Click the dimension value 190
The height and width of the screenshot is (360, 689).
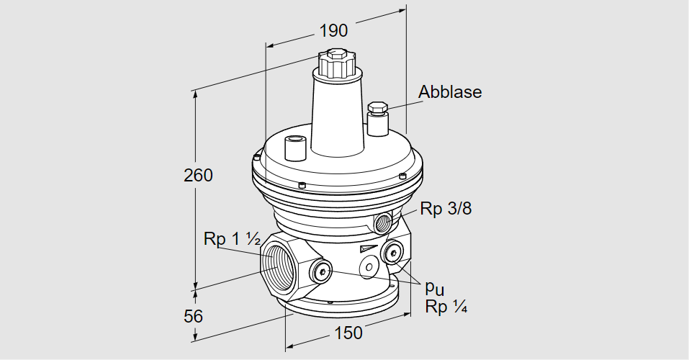click(x=334, y=30)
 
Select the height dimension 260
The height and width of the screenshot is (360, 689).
click(x=199, y=175)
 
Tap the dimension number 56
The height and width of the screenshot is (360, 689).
click(x=194, y=316)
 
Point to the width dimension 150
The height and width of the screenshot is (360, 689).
click(x=348, y=333)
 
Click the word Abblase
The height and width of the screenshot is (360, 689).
click(x=450, y=92)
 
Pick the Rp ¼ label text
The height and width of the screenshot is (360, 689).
click(x=446, y=307)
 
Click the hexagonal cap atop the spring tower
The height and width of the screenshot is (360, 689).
click(x=336, y=63)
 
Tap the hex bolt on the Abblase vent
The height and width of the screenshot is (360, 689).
click(x=377, y=109)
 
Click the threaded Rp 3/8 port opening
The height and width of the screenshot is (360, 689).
click(x=382, y=220)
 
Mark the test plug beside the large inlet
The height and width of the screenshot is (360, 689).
click(x=321, y=271)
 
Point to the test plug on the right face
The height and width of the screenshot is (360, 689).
click(x=393, y=252)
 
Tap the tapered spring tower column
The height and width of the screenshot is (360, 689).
click(x=336, y=115)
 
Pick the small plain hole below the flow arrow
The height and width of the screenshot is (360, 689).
click(x=369, y=267)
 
